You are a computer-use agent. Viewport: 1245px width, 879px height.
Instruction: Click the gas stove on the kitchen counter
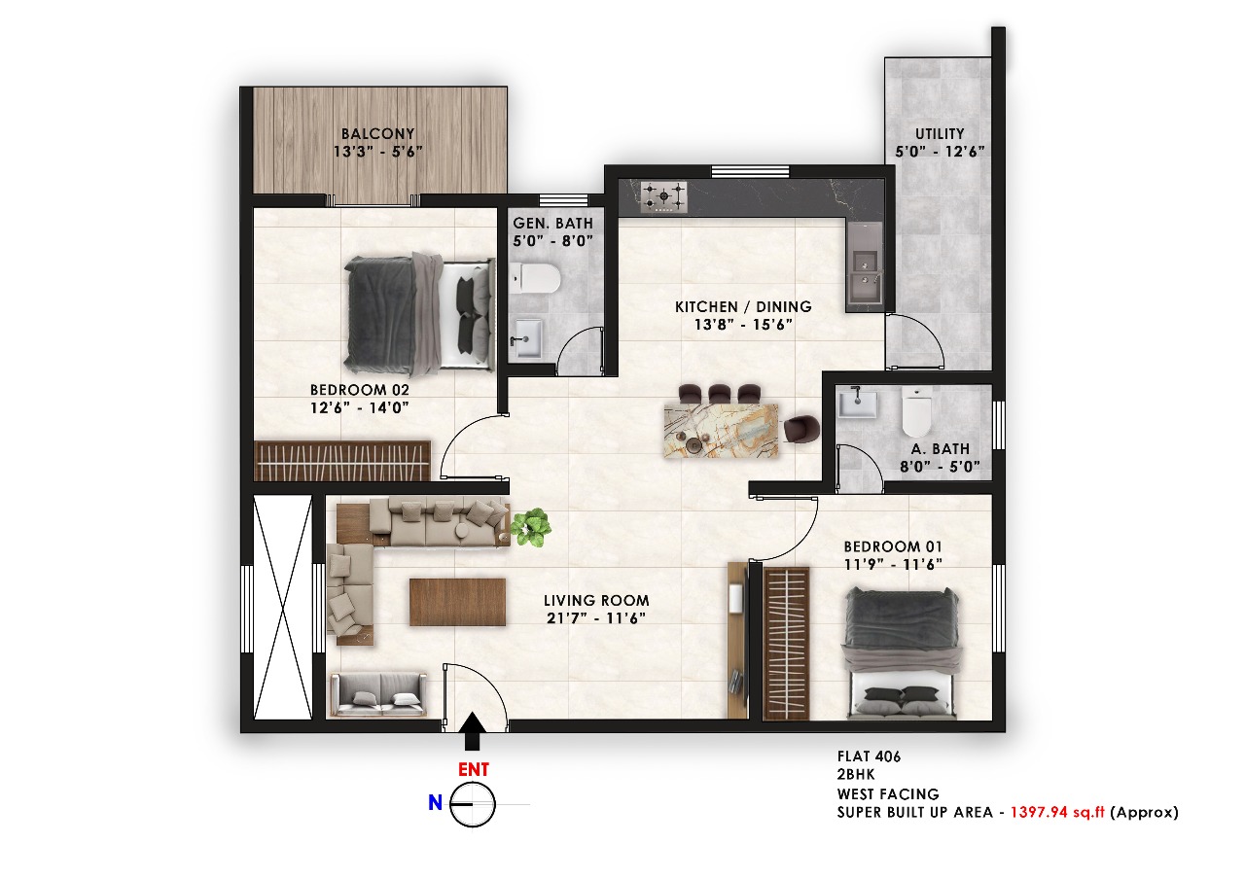click(663, 196)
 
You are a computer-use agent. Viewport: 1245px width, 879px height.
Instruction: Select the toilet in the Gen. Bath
click(535, 278)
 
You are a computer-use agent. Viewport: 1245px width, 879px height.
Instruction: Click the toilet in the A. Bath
click(916, 411)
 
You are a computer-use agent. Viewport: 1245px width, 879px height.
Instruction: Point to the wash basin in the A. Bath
click(857, 403)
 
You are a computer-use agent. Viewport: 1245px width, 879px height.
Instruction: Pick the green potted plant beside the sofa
click(531, 527)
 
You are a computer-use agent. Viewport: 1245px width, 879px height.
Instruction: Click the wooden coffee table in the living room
click(457, 602)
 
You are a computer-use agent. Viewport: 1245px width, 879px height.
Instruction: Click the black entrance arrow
click(473, 730)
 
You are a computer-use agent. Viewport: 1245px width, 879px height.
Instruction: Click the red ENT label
click(474, 769)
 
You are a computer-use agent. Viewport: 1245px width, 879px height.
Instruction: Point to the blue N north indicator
click(435, 802)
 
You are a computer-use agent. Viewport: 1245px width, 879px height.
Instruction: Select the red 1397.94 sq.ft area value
click(1057, 812)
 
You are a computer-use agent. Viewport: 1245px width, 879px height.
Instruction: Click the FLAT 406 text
click(869, 756)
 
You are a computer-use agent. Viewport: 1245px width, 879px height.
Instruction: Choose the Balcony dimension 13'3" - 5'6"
click(378, 151)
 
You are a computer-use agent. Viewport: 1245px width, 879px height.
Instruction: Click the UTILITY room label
click(940, 134)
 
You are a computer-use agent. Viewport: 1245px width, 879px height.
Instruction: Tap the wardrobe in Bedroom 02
click(342, 461)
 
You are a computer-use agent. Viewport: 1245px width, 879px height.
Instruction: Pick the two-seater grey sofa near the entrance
click(378, 694)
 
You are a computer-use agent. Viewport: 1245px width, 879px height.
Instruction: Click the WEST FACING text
click(888, 794)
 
